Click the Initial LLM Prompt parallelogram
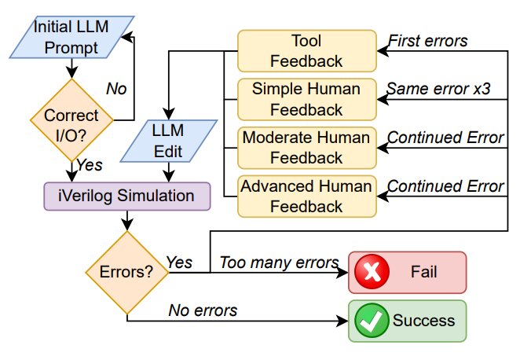point(71,37)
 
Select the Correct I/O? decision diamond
point(71,120)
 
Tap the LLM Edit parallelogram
point(168,141)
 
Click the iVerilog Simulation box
point(127,196)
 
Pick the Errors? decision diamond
point(127,273)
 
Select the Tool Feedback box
point(307,51)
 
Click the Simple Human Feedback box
point(307,99)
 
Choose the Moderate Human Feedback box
point(307,148)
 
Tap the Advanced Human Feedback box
point(307,197)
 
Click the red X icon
point(372,272)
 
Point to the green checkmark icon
point(372,321)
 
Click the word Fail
point(423,272)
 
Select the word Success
point(423,321)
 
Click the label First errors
point(428,41)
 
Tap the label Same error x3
point(438,89)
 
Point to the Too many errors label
point(279,263)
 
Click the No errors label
point(203,311)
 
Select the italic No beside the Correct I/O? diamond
point(116,89)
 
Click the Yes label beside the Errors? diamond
point(179,263)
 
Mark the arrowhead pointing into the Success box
point(342,321)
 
